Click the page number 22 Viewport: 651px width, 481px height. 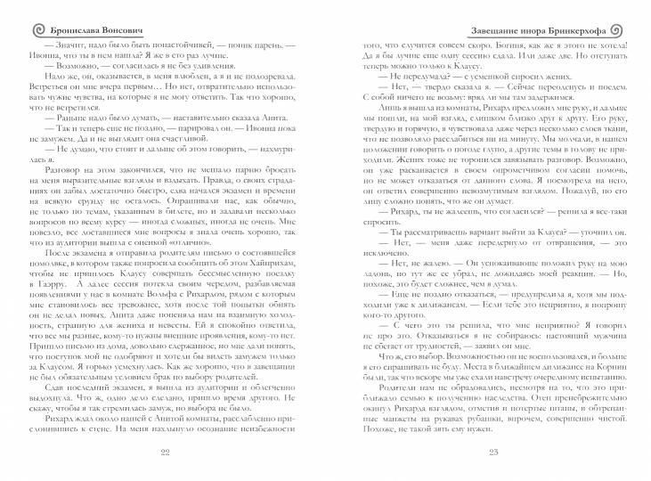164,453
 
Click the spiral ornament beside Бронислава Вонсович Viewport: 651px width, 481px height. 12,12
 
